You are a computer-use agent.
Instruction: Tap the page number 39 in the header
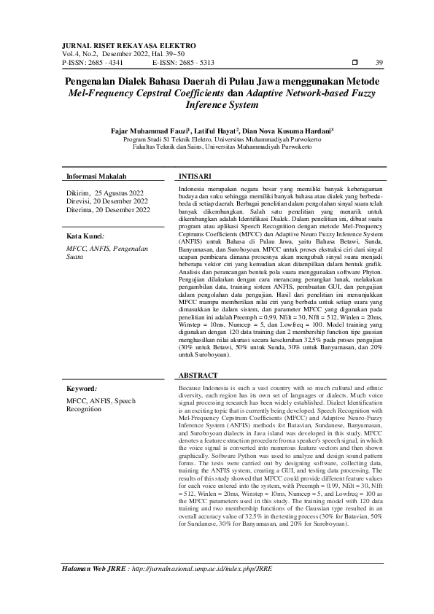pyautogui.click(x=379, y=62)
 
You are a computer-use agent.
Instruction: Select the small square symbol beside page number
pyautogui.click(x=354, y=62)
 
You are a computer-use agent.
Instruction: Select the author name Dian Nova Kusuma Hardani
pyautogui.click(x=287, y=131)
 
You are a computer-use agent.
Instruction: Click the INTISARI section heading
pyautogui.click(x=195, y=176)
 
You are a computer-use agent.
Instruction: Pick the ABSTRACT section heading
pyautogui.click(x=197, y=375)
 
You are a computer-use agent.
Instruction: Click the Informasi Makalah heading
pyautogui.click(x=96, y=176)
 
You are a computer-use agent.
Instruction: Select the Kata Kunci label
pyautogui.click(x=85, y=236)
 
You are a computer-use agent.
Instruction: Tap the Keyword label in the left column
pyautogui.click(x=82, y=389)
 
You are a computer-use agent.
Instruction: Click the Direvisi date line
pyautogui.click(x=106, y=201)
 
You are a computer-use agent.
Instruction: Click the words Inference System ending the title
pyautogui.click(x=217, y=105)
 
